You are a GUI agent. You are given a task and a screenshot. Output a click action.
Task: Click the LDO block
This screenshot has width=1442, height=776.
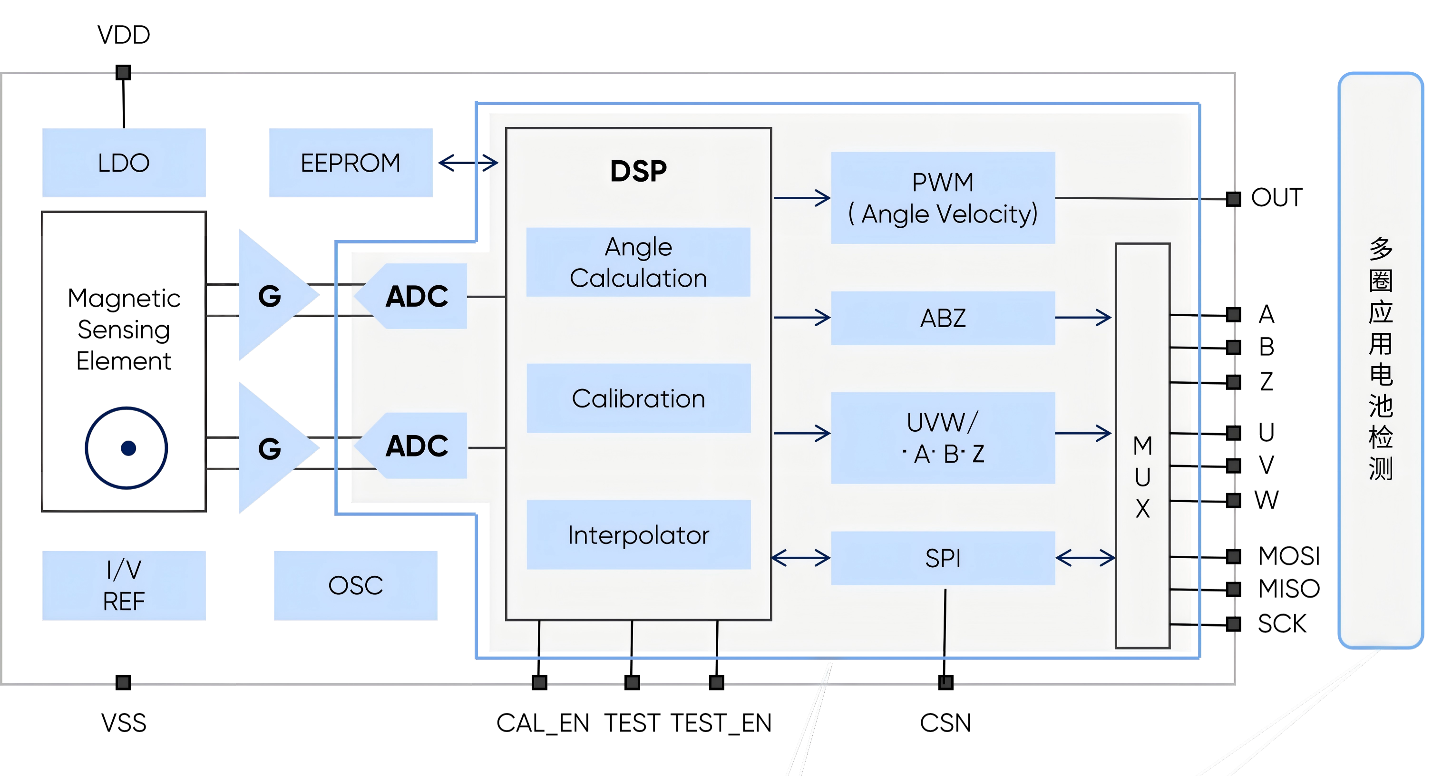(x=124, y=163)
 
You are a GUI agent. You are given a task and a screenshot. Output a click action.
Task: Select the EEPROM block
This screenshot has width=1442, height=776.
(x=351, y=163)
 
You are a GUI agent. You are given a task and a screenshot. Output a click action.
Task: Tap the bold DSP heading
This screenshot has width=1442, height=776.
(x=638, y=171)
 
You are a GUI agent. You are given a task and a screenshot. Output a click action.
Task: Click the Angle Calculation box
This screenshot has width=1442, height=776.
(x=638, y=262)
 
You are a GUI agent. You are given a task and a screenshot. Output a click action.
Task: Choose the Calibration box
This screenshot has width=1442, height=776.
(x=638, y=398)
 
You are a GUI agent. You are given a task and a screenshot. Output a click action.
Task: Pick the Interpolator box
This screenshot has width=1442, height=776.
(x=638, y=535)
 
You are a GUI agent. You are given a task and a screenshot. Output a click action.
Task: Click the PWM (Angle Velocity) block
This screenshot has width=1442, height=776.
(x=943, y=198)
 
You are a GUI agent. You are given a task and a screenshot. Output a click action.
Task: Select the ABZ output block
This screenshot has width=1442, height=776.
(x=943, y=318)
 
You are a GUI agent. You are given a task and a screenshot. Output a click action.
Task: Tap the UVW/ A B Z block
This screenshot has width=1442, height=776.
(x=943, y=437)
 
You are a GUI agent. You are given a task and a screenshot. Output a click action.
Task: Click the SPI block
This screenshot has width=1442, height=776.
(x=943, y=558)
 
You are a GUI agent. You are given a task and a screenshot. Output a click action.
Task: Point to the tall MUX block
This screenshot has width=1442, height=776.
(x=1142, y=446)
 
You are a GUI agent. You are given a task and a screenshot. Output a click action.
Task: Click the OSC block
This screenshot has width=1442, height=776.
(x=355, y=585)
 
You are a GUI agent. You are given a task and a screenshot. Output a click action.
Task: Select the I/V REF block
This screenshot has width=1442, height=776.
(x=124, y=585)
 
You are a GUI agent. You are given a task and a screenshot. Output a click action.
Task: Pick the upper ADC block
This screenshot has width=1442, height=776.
(x=417, y=296)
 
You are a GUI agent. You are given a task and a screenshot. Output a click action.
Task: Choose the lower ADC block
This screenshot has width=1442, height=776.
(x=417, y=446)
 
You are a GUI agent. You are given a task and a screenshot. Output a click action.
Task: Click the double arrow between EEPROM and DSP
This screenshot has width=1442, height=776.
(x=468, y=163)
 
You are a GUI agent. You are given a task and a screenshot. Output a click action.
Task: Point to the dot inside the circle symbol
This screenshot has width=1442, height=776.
(x=128, y=448)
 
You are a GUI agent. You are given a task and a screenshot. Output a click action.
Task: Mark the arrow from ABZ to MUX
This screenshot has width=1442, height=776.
(x=1083, y=318)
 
